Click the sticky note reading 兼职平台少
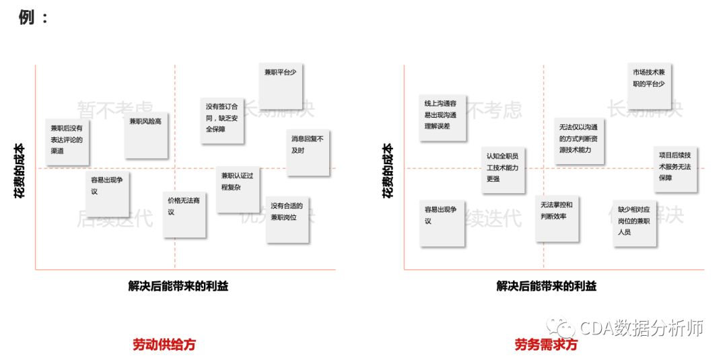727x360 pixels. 280,85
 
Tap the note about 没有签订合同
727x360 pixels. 221,120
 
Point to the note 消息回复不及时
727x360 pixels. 308,152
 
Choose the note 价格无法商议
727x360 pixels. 184,214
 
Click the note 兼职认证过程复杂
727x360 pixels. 238,189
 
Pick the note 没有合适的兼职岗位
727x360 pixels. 287,219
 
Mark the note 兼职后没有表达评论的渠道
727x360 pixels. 67,142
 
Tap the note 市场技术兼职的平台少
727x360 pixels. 649,85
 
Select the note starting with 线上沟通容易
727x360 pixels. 442,117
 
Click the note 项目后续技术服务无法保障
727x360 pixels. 674,168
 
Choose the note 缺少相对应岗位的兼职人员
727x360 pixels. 634,223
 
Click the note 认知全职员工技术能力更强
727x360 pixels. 503,170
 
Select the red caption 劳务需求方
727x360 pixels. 546,345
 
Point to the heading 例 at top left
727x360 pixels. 27,17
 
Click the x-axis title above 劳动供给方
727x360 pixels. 178,286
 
